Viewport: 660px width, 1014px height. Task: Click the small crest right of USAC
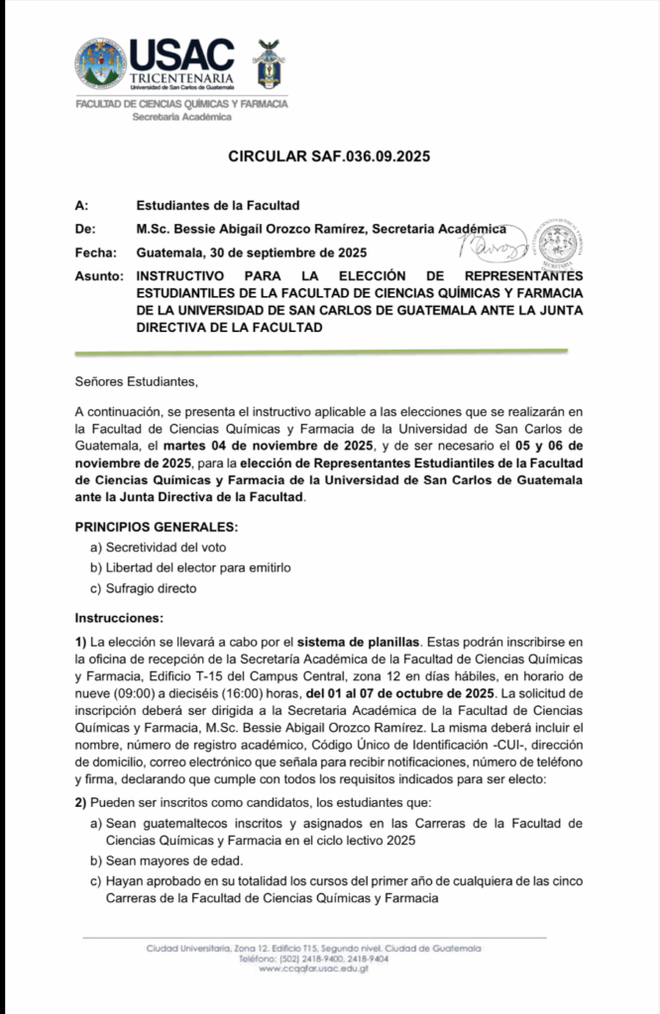point(264,62)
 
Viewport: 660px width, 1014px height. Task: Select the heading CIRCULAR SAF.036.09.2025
point(329,156)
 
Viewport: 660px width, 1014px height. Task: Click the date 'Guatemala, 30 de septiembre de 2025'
point(252,253)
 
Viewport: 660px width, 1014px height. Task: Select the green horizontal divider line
point(321,352)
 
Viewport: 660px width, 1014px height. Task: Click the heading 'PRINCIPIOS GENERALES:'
point(157,527)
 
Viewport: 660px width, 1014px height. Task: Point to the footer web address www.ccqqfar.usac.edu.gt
point(313,968)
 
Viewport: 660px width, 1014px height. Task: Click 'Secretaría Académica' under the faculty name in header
point(182,117)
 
